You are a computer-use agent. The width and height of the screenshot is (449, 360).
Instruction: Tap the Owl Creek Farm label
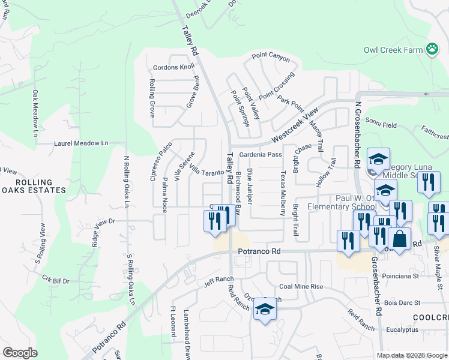coord(393,50)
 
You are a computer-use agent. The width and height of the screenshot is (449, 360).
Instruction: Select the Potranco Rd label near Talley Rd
coord(259,252)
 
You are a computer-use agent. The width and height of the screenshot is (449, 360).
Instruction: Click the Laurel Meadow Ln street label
coord(81,143)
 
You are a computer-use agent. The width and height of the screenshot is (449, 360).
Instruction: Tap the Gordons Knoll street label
coord(174,67)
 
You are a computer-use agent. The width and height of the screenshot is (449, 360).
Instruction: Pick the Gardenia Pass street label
coord(261,155)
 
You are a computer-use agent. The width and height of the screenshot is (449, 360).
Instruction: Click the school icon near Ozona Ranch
coord(264,309)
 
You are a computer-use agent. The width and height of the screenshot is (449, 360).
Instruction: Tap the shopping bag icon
coord(399,239)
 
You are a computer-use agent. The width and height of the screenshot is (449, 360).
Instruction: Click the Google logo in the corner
coord(20,353)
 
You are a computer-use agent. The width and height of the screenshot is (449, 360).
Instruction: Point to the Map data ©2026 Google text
coord(412,355)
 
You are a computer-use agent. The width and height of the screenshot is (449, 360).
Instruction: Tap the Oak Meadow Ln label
coord(35,113)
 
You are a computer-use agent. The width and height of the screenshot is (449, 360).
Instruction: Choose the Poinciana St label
coord(402,276)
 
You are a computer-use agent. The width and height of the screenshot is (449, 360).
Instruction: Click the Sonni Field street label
coord(381,125)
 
